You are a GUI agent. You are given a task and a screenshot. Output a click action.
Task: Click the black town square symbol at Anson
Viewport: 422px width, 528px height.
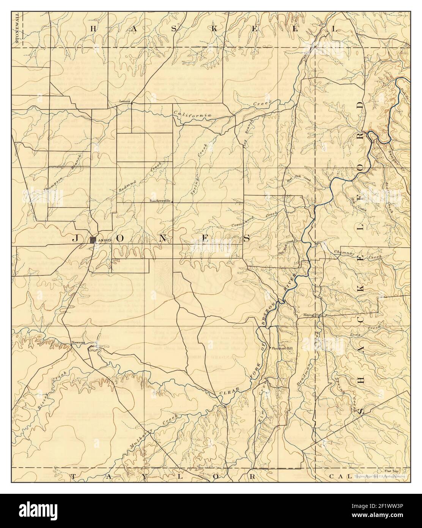[93, 240]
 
